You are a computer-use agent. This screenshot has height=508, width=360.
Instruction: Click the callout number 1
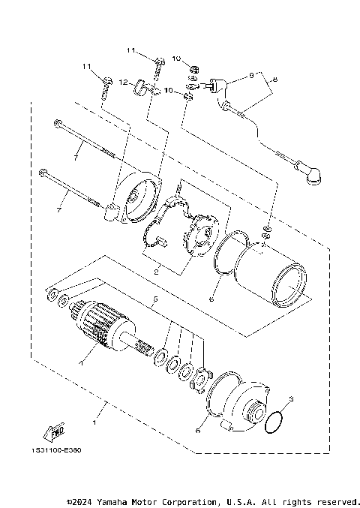94,412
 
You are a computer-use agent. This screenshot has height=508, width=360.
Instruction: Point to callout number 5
155,301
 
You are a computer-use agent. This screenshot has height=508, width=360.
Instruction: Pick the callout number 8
275,79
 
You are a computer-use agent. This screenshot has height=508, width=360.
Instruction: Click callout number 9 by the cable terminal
252,77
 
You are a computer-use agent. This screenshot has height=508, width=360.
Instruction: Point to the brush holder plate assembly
195,233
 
